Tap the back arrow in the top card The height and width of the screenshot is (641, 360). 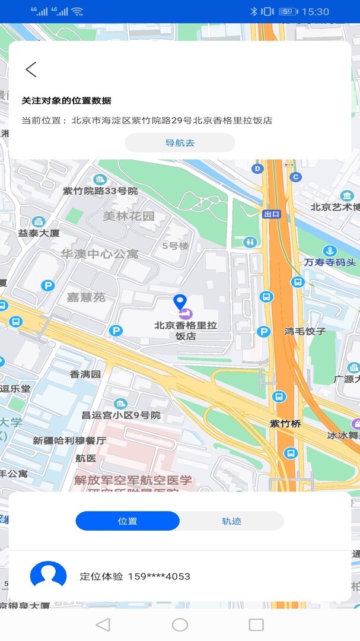(x=31, y=69)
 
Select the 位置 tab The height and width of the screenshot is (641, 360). (x=128, y=521)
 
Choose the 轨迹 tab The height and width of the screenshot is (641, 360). (x=232, y=521)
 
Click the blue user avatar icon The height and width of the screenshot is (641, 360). (x=48, y=576)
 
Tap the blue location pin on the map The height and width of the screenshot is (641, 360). (x=180, y=302)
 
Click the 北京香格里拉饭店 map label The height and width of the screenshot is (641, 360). (x=186, y=331)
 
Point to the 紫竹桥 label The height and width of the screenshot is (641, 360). (x=286, y=424)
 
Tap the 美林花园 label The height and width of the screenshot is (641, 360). (x=129, y=216)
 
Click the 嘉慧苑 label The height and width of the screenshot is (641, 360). (x=86, y=297)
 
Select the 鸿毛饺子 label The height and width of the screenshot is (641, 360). (x=305, y=331)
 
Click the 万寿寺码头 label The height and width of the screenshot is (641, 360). (x=330, y=262)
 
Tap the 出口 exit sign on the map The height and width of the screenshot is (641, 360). (x=272, y=214)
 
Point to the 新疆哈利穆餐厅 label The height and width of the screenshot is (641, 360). (x=69, y=441)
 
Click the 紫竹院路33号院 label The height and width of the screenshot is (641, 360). (x=100, y=191)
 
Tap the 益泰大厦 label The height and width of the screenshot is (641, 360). (x=39, y=233)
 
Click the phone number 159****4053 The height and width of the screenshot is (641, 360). (x=159, y=576)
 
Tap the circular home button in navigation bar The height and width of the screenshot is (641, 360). (x=180, y=624)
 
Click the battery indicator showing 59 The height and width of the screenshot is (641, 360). (x=288, y=11)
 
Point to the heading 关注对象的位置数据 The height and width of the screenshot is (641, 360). (x=66, y=101)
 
